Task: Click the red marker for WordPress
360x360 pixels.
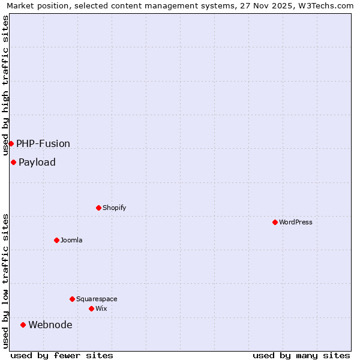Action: [x=275, y=222]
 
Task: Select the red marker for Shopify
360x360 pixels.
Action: [x=98, y=208]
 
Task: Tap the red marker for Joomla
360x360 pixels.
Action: [x=56, y=240]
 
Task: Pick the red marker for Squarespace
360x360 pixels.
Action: [x=72, y=299]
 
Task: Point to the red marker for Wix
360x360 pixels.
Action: [x=91, y=308]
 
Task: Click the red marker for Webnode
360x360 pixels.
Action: [x=23, y=325]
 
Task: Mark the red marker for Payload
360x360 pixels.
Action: [x=13, y=162]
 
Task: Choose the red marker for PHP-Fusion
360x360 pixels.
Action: [x=11, y=143]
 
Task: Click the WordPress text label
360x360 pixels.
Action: [x=296, y=222]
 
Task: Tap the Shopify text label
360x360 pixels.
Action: [x=115, y=208]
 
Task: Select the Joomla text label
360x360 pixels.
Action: [x=71, y=240]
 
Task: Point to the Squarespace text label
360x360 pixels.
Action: [x=97, y=299]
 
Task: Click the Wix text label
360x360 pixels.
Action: [x=101, y=308]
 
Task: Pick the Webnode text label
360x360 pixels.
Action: [x=50, y=325]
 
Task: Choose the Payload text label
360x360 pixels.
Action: [x=37, y=162]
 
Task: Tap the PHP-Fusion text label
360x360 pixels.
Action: [x=43, y=143]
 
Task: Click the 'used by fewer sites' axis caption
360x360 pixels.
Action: [x=62, y=355]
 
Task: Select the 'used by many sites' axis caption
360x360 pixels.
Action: [x=301, y=355]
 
